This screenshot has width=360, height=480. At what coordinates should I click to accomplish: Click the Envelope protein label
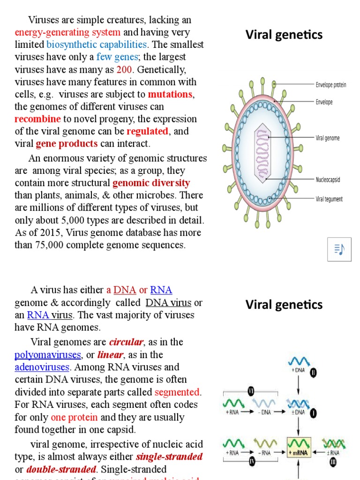pyautogui.click(x=331, y=85)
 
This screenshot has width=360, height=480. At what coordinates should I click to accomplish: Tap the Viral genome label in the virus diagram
pyautogui.click(x=328, y=138)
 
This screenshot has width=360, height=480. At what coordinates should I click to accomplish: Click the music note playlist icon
pyautogui.click(x=339, y=249)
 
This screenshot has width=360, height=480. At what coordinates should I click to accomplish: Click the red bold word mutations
pyautogui.click(x=170, y=94)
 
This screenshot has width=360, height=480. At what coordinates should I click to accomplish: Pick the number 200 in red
pyautogui.click(x=125, y=69)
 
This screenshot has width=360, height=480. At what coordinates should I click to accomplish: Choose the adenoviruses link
pyautogui.click(x=42, y=367)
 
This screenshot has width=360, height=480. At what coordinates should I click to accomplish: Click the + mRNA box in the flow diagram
pyautogui.click(x=300, y=452)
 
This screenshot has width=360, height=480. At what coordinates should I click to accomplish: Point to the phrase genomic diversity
pyautogui.click(x=151, y=183)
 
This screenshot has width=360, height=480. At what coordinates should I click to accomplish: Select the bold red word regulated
pyautogui.click(x=147, y=131)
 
